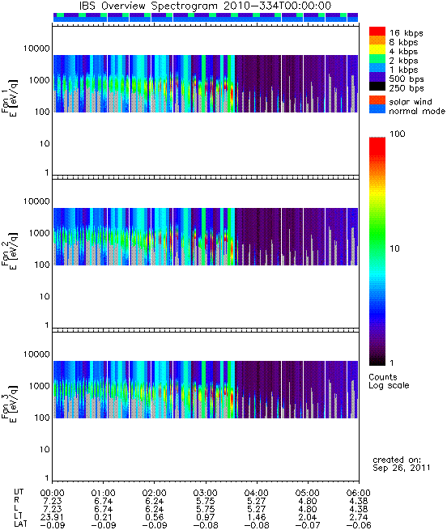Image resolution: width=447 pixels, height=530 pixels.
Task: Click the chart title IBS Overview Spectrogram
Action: [147, 6]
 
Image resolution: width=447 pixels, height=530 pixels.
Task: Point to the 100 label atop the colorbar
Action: [398, 134]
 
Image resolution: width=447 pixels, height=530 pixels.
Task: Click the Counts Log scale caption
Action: [389, 381]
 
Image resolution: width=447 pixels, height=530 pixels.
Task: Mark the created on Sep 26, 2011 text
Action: [402, 464]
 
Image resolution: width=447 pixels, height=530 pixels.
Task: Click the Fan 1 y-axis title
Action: [10, 98]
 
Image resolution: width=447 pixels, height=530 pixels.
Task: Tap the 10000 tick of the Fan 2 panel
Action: [36, 201]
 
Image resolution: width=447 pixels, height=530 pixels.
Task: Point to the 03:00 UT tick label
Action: [206, 493]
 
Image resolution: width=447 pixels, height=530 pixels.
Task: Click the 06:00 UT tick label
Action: [359, 493]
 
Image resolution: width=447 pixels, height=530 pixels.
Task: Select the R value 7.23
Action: [53, 501]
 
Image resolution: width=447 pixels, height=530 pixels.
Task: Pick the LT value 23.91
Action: [53, 517]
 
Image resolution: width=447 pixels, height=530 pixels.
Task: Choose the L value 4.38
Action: [359, 509]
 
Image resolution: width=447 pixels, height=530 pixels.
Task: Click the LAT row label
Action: [20, 524]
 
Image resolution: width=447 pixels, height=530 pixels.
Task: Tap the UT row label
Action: [19, 492]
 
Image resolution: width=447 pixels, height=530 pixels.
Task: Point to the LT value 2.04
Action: [308, 517]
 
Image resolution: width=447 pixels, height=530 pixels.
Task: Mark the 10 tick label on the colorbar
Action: [395, 248]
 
